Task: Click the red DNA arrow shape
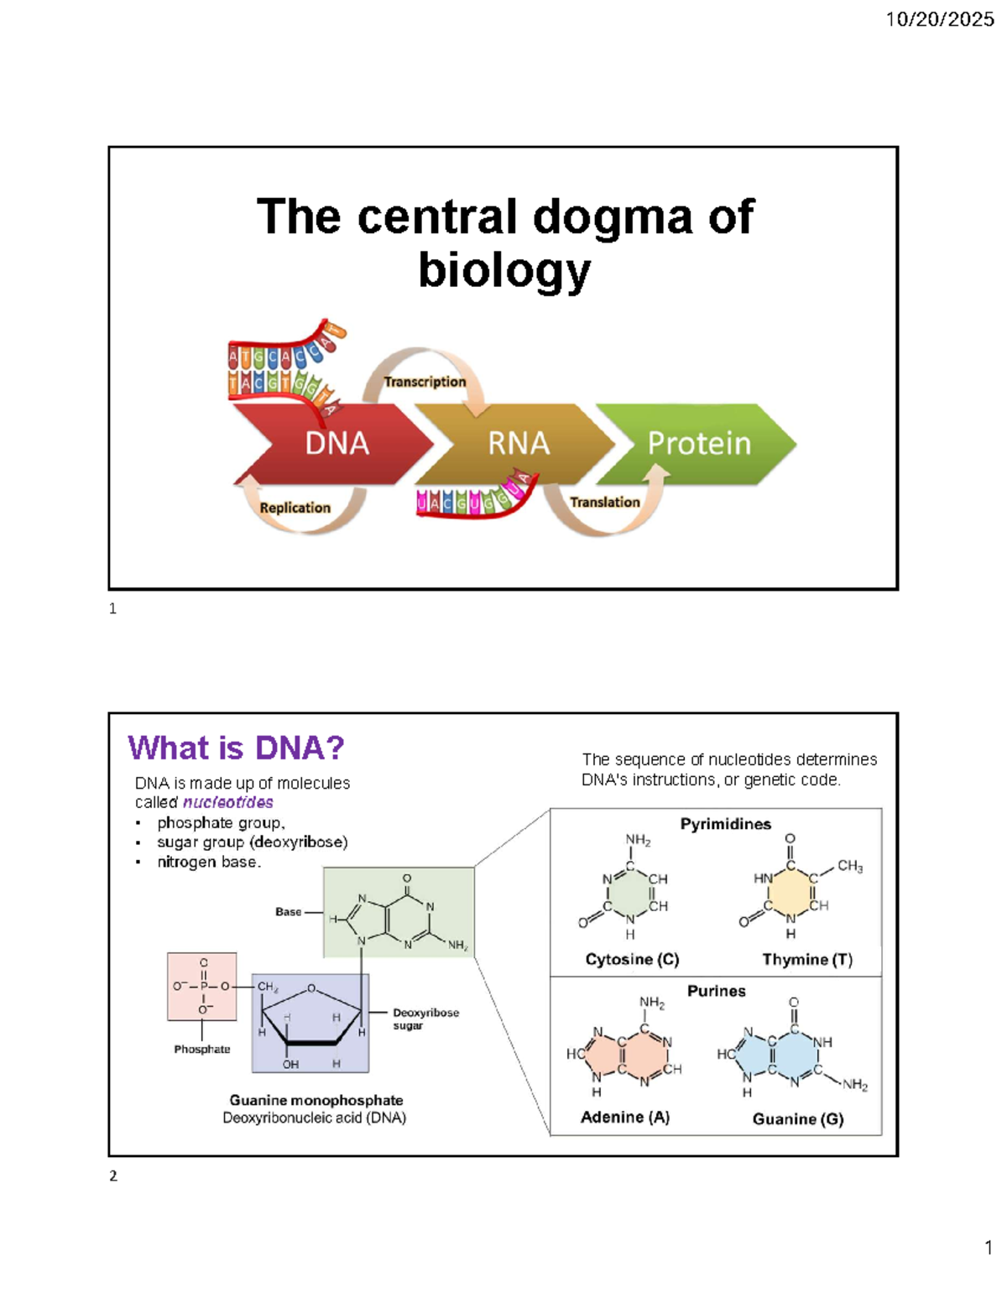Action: pyautogui.click(x=336, y=443)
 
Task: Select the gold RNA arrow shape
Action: pyautogui.click(x=519, y=443)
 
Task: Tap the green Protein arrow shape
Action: pyautogui.click(x=699, y=443)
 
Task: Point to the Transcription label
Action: pyautogui.click(x=425, y=382)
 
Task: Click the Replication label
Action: pyautogui.click(x=295, y=508)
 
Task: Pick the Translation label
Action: pyautogui.click(x=604, y=502)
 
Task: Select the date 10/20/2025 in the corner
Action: pyautogui.click(x=939, y=19)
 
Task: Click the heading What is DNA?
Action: pyautogui.click(x=236, y=748)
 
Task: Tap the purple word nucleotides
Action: pyautogui.click(x=227, y=802)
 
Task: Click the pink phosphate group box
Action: pyautogui.click(x=201, y=987)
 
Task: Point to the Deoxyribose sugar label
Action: pyautogui.click(x=425, y=1019)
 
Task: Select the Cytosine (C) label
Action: pyautogui.click(x=632, y=959)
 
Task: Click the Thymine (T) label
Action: pyautogui.click(x=806, y=959)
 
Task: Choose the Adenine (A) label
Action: pyautogui.click(x=625, y=1117)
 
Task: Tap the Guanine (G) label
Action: pyautogui.click(x=797, y=1118)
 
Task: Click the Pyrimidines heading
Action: pyautogui.click(x=725, y=824)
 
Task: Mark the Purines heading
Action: pyautogui.click(x=716, y=991)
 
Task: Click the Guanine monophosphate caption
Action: pyautogui.click(x=316, y=1100)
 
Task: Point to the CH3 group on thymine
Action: pyautogui.click(x=849, y=866)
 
